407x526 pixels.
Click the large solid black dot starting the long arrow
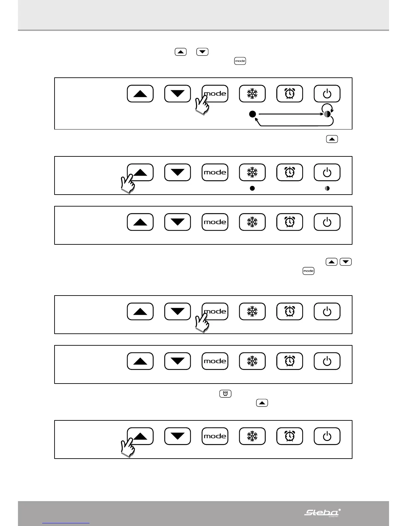(x=252, y=114)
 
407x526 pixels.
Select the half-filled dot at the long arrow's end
(x=327, y=114)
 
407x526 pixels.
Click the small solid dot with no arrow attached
(x=252, y=188)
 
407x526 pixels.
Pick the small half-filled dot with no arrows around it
(x=327, y=188)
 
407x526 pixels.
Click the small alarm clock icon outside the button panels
(x=225, y=394)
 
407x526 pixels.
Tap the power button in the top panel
(x=327, y=94)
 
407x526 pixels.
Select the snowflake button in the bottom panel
(x=252, y=436)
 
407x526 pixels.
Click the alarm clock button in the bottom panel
(x=290, y=436)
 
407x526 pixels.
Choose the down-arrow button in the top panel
(x=178, y=94)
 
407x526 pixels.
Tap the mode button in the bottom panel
(x=215, y=436)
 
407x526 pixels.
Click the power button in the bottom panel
(x=327, y=436)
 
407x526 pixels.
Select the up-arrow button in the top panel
(x=140, y=94)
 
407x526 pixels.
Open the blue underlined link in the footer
(x=66, y=523)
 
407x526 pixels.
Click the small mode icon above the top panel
(x=240, y=61)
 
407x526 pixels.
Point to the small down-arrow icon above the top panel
(x=203, y=52)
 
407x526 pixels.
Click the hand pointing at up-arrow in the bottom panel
(x=128, y=448)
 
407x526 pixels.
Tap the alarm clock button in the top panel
(x=290, y=94)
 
